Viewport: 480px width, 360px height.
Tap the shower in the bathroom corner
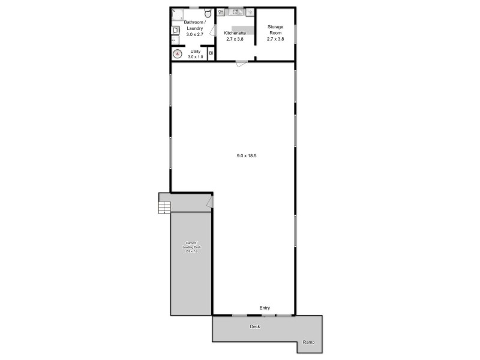coord(178,14)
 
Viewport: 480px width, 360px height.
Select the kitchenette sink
coord(235,12)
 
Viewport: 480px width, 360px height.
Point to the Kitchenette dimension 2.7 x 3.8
coord(235,39)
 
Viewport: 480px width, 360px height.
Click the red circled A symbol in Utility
coord(177,54)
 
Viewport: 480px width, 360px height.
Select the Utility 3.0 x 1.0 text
coord(196,54)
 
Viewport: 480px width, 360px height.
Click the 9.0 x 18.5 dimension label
coord(247,156)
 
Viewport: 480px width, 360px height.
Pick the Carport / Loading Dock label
coord(190,247)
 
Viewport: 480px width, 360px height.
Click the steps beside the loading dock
coord(164,208)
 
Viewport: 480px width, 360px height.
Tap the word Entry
coord(265,308)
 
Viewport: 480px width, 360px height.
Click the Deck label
coord(254,327)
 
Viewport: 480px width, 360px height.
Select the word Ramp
coord(308,342)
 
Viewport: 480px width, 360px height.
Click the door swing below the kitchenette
coord(241,64)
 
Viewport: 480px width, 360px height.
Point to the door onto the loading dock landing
coord(209,204)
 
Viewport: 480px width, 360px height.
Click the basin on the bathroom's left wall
coord(175,30)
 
